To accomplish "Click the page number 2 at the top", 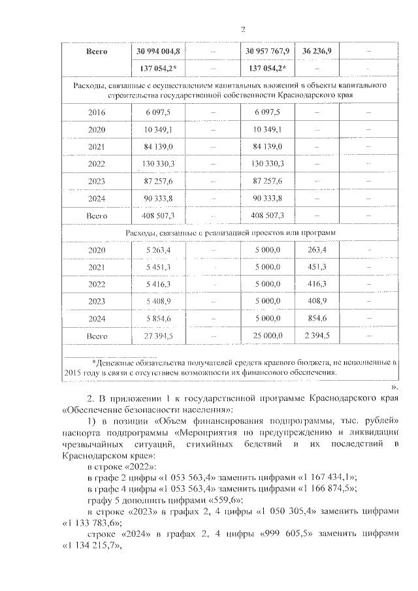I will pyautogui.click(x=242, y=29).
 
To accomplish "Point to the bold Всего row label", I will pyautogui.click(x=97, y=50).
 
